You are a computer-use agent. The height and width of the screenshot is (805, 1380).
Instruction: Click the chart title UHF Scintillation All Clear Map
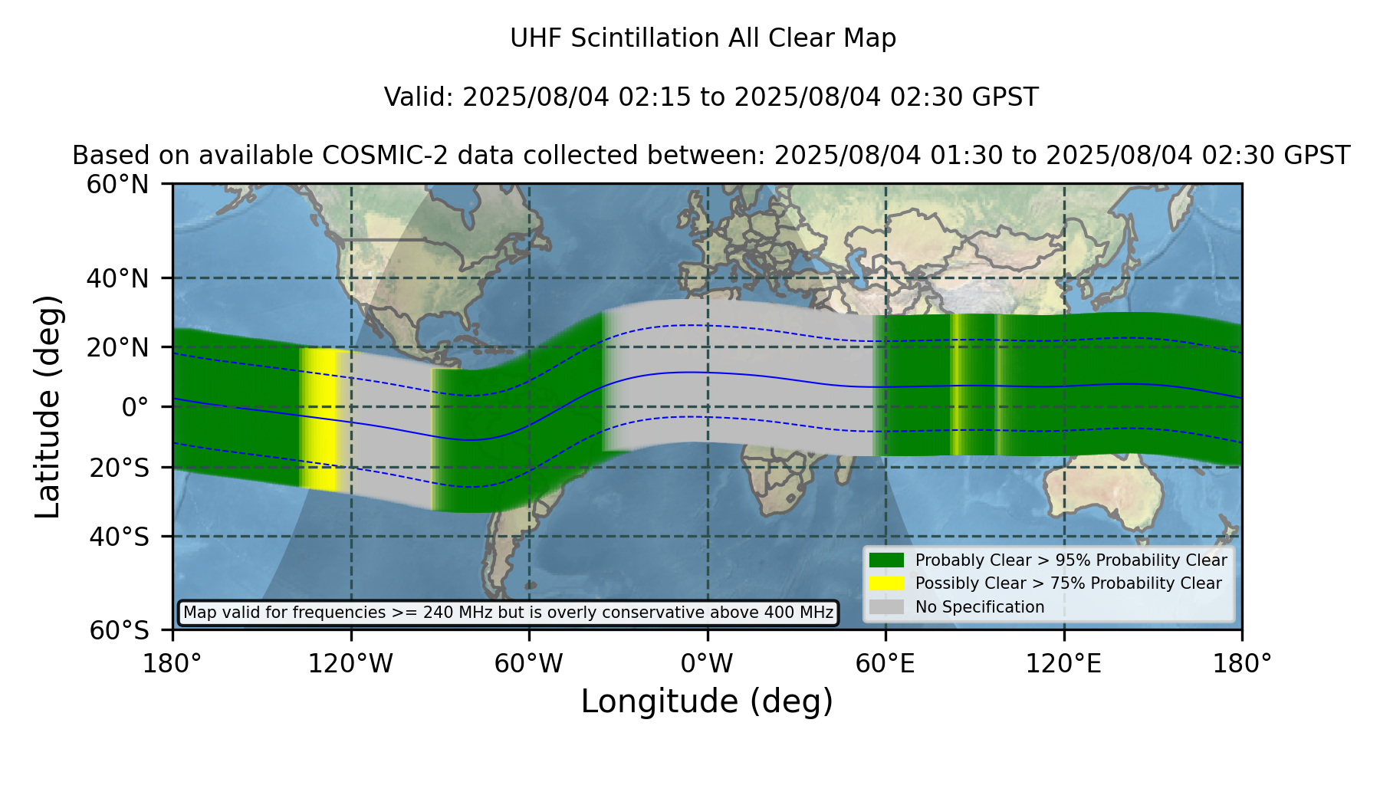pos(703,38)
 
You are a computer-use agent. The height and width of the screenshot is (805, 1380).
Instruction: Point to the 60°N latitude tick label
pos(117,185)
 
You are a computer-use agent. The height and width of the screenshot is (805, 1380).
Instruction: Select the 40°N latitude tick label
pos(117,278)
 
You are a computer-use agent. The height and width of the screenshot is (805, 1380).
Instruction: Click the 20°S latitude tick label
pos(119,468)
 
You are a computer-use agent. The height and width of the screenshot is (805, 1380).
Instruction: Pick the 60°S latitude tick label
pos(119,630)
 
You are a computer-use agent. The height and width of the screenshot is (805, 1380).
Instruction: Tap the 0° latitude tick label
pos(135,407)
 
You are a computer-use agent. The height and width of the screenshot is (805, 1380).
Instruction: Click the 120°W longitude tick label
pos(350,664)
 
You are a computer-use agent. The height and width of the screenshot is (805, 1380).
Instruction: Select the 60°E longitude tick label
pos(886,664)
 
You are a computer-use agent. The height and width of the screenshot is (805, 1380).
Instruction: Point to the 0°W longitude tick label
pos(707,664)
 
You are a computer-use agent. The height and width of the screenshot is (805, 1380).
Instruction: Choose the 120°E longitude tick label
pos(1063,664)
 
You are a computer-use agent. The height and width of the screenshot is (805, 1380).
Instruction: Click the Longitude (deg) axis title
pos(707,701)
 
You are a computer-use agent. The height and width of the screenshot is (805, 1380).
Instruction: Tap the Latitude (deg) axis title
pos(48,406)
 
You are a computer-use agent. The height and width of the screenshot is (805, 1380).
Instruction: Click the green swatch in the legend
pos(887,560)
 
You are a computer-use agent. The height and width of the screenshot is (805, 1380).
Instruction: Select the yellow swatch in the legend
pos(887,583)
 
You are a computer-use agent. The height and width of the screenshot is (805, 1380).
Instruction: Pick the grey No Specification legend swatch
pos(887,607)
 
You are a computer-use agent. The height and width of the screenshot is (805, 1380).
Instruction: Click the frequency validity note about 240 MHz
pos(508,613)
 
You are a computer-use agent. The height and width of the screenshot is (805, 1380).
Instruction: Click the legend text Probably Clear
pos(962,560)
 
